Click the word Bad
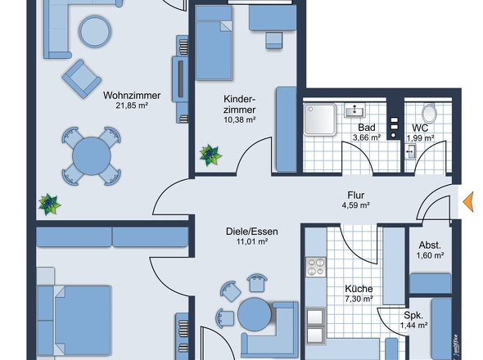click(366, 128)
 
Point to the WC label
click(421, 128)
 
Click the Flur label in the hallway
click(355, 196)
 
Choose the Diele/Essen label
click(251, 232)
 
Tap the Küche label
click(359, 289)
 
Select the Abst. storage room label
click(431, 245)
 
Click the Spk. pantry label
click(414, 314)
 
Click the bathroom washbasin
click(358, 110)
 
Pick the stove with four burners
click(315, 266)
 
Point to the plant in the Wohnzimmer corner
click(49, 204)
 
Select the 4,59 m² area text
click(355, 206)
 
